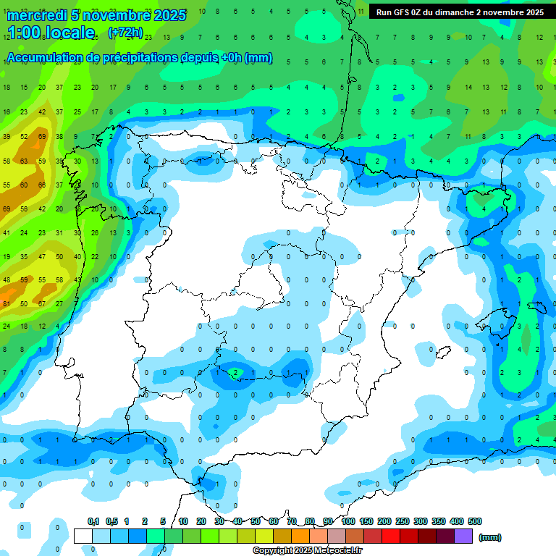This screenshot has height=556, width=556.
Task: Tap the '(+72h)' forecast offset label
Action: click(x=125, y=33)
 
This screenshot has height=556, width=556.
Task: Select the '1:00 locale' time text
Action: click(x=51, y=33)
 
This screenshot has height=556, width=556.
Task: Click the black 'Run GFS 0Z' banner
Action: click(x=460, y=12)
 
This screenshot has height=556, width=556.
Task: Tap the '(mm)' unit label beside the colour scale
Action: click(x=490, y=537)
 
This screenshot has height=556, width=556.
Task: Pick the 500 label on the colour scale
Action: click(x=474, y=521)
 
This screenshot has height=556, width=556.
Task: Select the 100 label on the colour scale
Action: click(x=347, y=521)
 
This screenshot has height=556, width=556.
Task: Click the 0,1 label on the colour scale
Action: click(x=93, y=521)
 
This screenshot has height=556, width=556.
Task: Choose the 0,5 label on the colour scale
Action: click(x=111, y=521)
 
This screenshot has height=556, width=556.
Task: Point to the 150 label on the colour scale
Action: click(x=366, y=521)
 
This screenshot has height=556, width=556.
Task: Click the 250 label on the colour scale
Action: click(x=402, y=521)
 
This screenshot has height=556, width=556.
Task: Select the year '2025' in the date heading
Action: click(x=164, y=15)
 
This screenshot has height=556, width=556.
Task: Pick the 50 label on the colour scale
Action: click(x=256, y=521)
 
